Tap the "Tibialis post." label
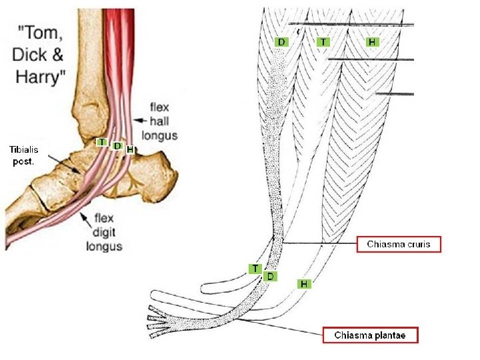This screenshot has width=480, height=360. click(25, 155)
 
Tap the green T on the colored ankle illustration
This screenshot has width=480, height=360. click(101, 142)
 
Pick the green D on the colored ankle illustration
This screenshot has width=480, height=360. click(117, 145)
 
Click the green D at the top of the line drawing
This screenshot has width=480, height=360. click(282, 42)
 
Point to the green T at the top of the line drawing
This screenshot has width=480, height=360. click(323, 42)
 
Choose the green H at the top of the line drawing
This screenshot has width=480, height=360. click(373, 42)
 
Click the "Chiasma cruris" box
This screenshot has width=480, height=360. click(399, 245)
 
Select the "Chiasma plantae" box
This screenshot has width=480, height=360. click(370, 335)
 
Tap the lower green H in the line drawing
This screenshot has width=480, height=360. click(304, 284)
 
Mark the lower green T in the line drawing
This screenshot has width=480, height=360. click(255, 268)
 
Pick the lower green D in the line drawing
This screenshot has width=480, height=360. click(270, 275)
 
